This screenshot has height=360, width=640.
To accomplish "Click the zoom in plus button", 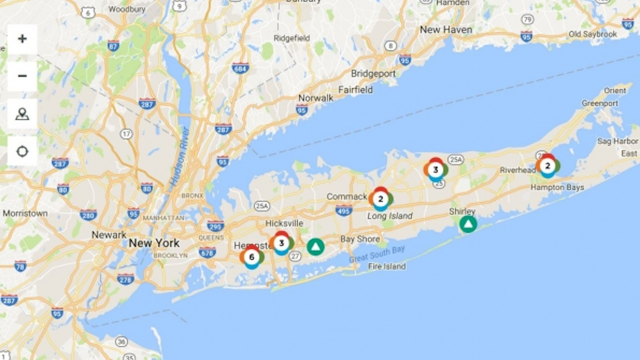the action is (22, 39).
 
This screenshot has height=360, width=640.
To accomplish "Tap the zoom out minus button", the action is (22, 76).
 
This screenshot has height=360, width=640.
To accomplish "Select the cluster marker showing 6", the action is (252, 257).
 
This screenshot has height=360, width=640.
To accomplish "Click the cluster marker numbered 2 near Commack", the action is (380, 199).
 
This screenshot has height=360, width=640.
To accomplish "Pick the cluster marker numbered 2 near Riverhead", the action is (547, 166).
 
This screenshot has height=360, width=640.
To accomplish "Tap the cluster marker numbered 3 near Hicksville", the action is (282, 243).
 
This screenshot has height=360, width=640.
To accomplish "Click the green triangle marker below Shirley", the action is (468, 224).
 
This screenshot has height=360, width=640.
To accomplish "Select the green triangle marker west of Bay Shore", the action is (315, 247).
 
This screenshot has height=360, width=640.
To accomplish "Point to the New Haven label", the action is (446, 30).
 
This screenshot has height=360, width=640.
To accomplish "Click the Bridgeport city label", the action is (373, 74).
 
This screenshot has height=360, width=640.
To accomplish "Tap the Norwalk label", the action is (315, 98).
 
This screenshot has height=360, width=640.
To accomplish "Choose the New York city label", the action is (154, 243).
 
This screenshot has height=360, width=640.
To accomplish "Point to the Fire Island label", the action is (387, 267).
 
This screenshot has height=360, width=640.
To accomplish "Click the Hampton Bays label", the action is (557, 187).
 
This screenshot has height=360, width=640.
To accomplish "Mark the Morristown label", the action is (25, 213).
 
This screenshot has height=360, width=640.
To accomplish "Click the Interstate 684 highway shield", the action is (240, 68).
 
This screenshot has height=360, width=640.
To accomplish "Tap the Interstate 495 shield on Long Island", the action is (344, 211).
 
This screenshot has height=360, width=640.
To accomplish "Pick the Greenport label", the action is (600, 103).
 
